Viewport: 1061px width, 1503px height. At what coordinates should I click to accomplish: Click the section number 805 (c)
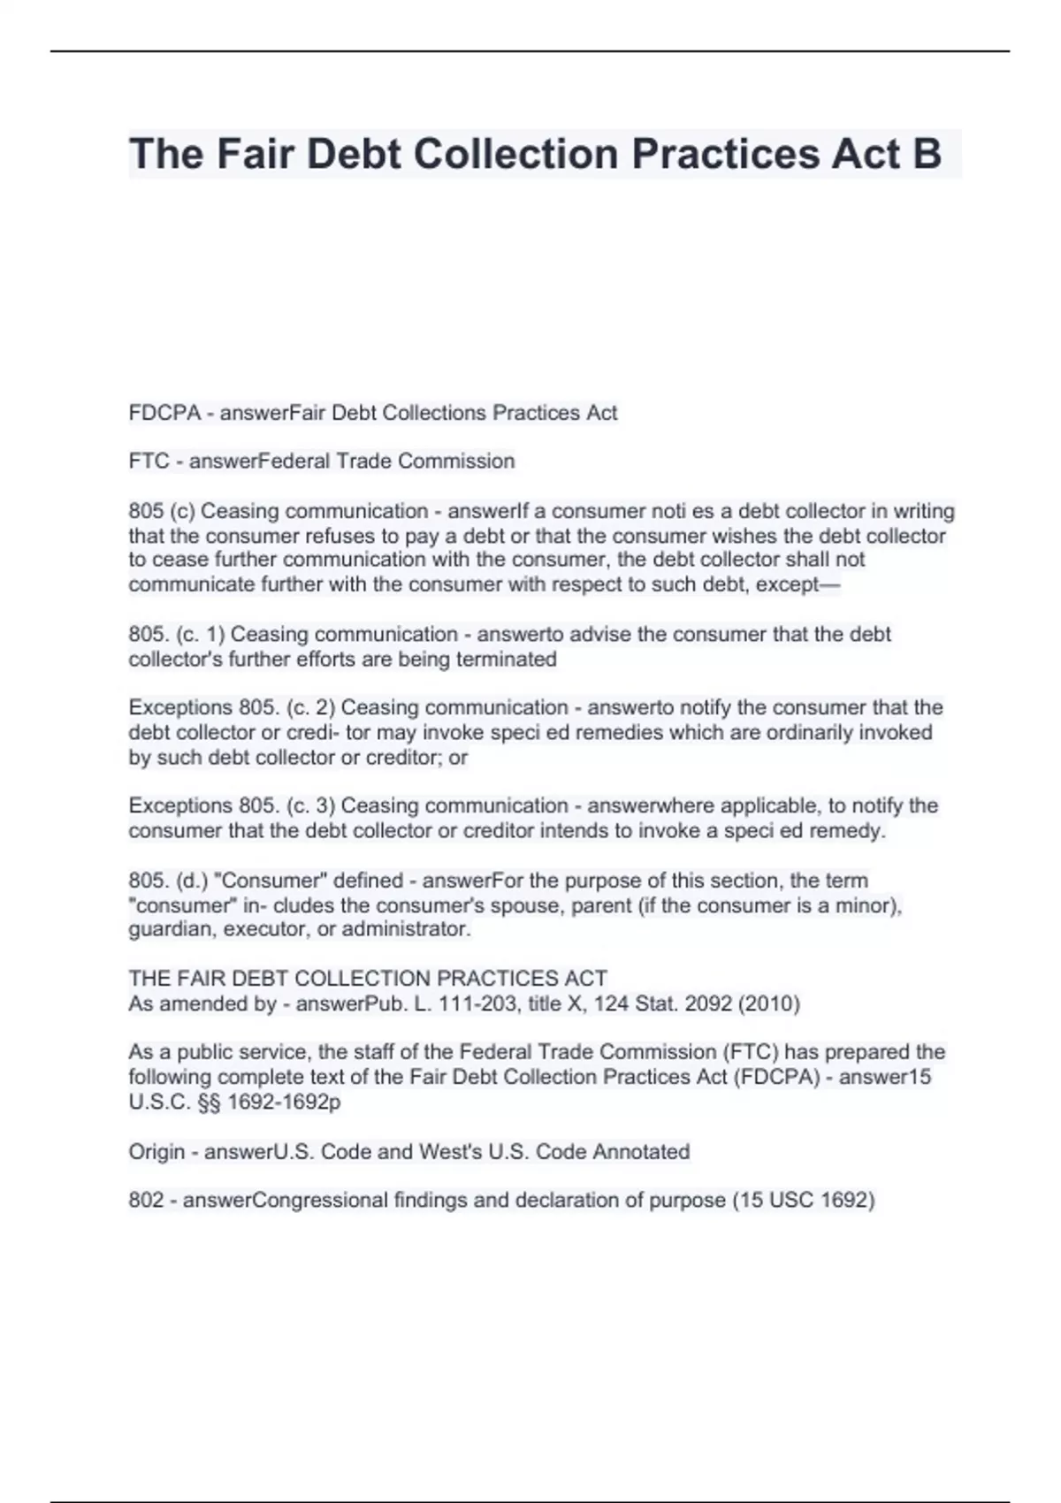(161, 512)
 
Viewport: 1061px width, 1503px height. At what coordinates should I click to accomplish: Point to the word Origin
(156, 1152)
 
